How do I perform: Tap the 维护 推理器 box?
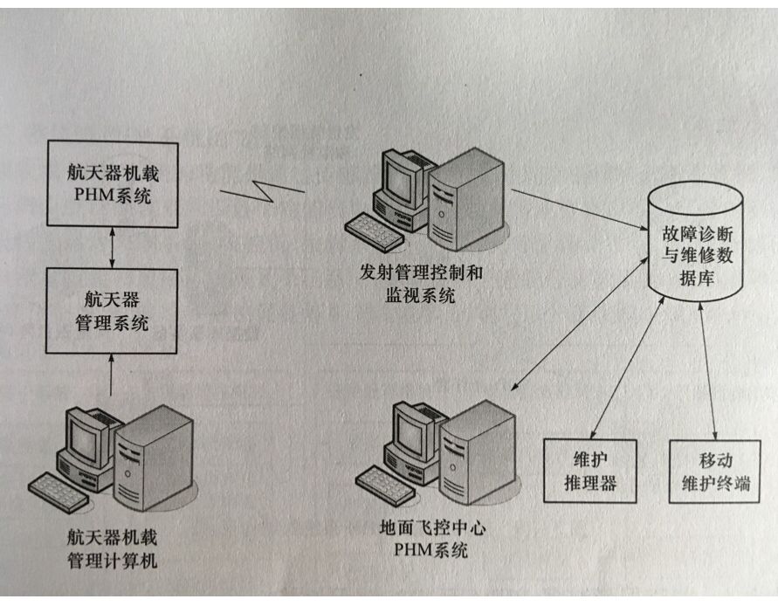(x=590, y=471)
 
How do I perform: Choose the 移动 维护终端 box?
(x=715, y=471)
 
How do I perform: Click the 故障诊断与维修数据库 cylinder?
(x=695, y=244)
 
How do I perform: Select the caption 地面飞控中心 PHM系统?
(x=423, y=540)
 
